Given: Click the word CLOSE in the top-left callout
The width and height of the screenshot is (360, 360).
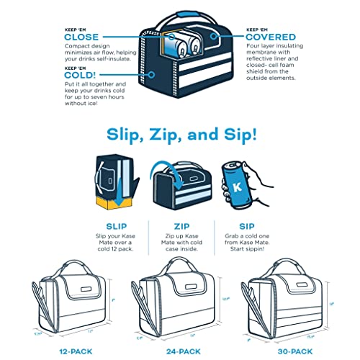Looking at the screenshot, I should tap(81, 36).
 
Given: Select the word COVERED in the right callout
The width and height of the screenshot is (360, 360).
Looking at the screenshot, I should tap(271, 36).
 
